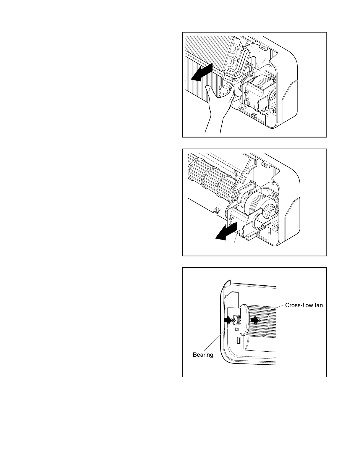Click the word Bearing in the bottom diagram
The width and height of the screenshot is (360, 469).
[203, 355]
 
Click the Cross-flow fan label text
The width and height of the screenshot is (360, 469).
[304, 305]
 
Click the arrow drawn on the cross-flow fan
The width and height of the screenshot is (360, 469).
[255, 320]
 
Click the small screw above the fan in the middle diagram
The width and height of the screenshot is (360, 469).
[236, 174]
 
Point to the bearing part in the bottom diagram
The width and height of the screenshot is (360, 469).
[237, 320]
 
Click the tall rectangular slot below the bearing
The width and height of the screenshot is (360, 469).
[238, 341]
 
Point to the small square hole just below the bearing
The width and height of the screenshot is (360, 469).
[237, 329]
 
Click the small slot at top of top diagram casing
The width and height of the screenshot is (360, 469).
[262, 46]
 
